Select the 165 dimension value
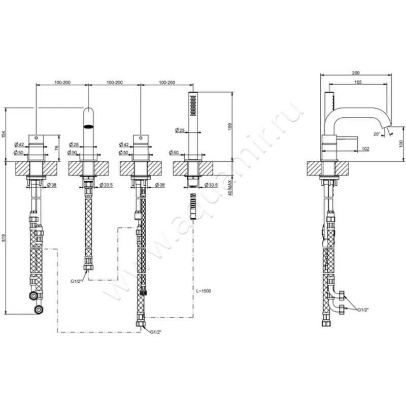pos(358,82)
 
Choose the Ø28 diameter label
pos(74,145)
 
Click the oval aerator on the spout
pos(88,126)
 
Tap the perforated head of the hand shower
pos(192,105)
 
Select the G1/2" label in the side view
pos(362,309)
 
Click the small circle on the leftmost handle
pos(37,137)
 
